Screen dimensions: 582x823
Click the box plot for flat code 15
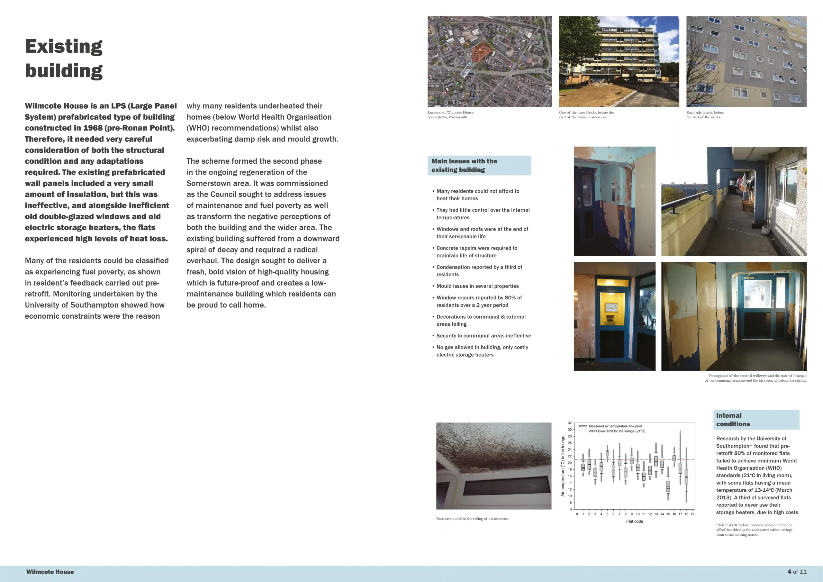(x=668, y=486)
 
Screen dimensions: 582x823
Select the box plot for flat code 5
(x=607, y=453)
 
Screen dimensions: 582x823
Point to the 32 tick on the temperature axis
(x=570, y=423)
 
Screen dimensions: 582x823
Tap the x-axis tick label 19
(x=692, y=514)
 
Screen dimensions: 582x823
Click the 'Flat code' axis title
(x=635, y=521)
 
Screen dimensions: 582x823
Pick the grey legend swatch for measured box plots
(x=583, y=426)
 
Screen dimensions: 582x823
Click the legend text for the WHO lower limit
(x=617, y=431)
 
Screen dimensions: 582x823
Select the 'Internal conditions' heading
(x=729, y=420)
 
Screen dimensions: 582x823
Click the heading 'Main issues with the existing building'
(x=464, y=165)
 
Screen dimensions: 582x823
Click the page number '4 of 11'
(x=797, y=572)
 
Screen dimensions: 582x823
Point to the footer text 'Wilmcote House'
(x=50, y=572)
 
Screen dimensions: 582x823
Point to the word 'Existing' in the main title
(x=64, y=46)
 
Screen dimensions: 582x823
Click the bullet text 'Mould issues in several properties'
(x=477, y=286)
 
